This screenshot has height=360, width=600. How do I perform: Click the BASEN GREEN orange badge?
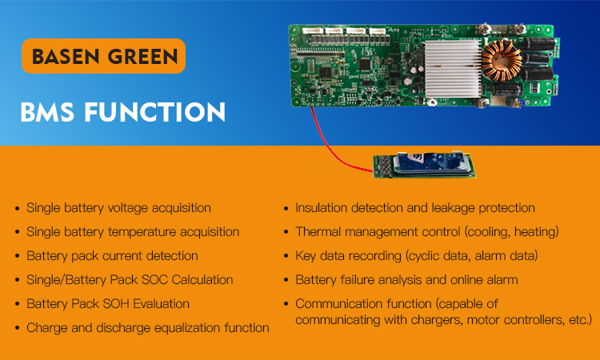[104, 56]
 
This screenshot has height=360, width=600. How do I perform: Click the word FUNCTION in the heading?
[155, 113]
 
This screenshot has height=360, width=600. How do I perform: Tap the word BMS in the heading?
[47, 113]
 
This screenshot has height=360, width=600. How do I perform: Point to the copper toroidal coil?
[502, 61]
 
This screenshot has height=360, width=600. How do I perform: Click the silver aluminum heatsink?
[453, 69]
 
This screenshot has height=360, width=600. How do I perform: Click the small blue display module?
[424, 165]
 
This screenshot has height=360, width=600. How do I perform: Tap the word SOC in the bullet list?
[154, 280]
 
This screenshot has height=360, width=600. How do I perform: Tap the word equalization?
[186, 328]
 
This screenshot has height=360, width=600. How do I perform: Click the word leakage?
[453, 209]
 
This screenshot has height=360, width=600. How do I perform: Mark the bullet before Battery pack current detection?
[17, 256]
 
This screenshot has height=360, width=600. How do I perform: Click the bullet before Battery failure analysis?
[286, 281]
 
